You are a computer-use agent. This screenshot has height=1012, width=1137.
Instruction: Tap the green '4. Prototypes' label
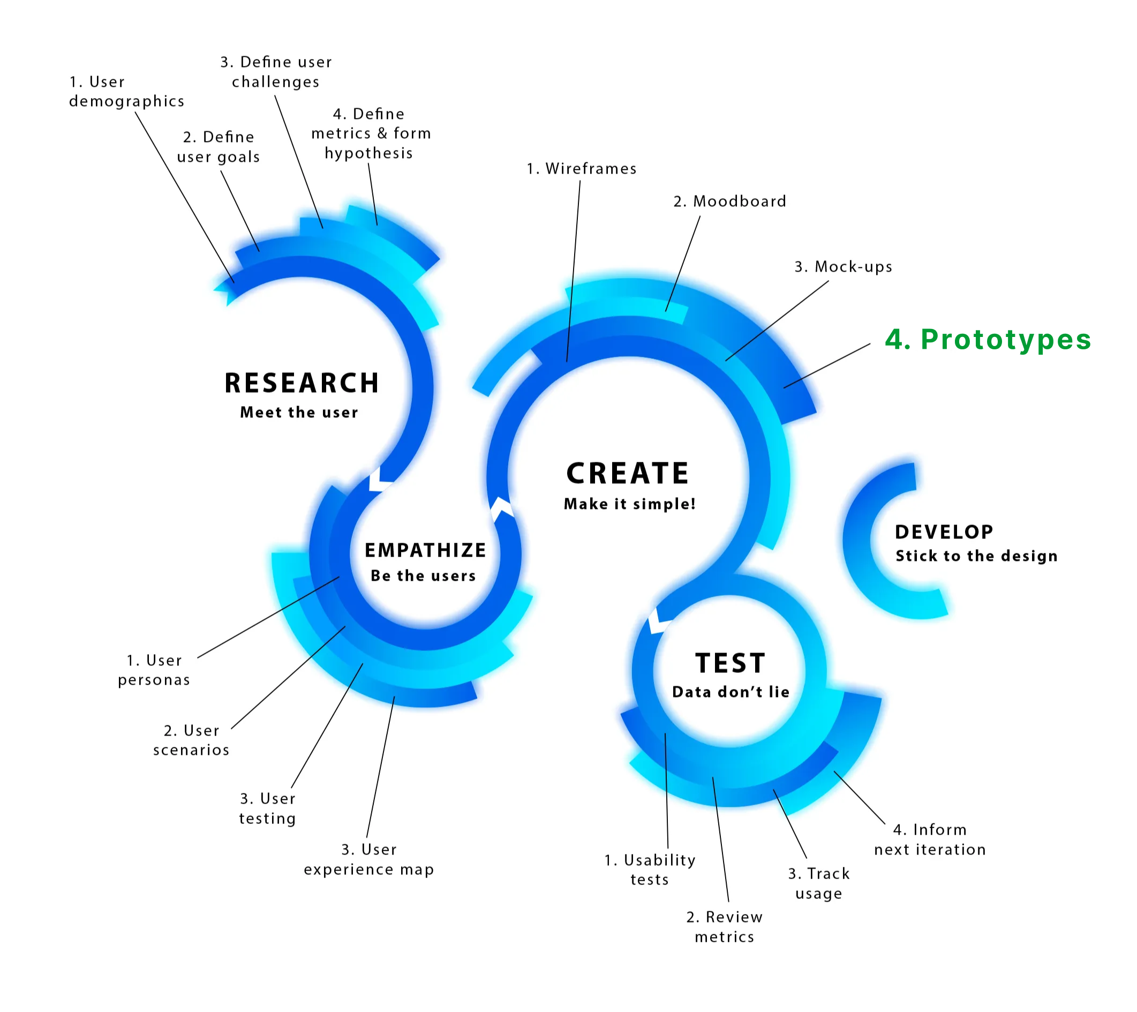pyautogui.click(x=988, y=339)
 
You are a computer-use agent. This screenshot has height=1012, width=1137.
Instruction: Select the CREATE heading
pyautogui.click(x=628, y=474)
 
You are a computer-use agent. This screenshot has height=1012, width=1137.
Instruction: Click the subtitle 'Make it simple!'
pyautogui.click(x=629, y=504)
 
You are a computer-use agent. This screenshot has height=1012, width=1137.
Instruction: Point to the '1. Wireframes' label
pyautogui.click(x=581, y=169)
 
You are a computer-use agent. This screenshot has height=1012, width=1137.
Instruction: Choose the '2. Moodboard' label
pyautogui.click(x=729, y=201)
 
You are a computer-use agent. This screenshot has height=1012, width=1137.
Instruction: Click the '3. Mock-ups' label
pyautogui.click(x=843, y=267)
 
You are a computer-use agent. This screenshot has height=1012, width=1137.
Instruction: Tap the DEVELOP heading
pyautogui.click(x=944, y=532)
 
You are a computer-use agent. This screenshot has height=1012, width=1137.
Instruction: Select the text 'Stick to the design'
pyautogui.click(x=976, y=556)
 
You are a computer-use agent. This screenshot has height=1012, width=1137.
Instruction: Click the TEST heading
pyautogui.click(x=731, y=663)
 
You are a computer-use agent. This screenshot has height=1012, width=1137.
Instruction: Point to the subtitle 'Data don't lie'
pyautogui.click(x=731, y=692)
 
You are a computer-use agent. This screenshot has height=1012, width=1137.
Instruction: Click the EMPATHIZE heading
pyautogui.click(x=425, y=550)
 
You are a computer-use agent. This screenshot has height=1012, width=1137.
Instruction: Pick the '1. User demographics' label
pyautogui.click(x=126, y=92)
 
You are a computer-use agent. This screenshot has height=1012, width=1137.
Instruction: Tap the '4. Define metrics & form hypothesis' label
pyautogui.click(x=371, y=133)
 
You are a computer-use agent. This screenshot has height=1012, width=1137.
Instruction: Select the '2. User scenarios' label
pyautogui.click(x=191, y=740)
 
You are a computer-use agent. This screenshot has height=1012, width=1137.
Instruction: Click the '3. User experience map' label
pyautogui.click(x=368, y=859)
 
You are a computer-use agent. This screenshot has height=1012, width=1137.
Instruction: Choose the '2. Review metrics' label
pyautogui.click(x=724, y=927)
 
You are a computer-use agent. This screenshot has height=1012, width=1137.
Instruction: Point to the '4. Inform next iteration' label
pyautogui.click(x=930, y=839)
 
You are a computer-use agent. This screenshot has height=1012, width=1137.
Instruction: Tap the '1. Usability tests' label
pyautogui.click(x=650, y=869)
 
